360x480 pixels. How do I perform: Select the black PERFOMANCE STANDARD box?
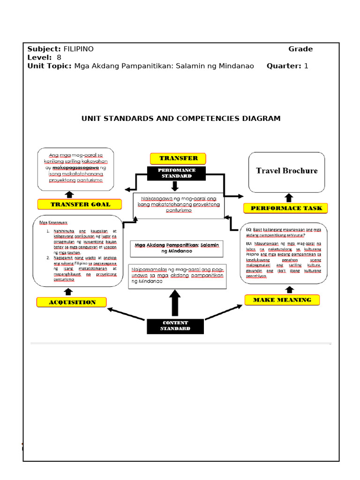[x=176, y=173]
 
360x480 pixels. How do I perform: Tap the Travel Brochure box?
[x=286, y=171]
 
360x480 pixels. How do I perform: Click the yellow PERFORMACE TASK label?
[x=285, y=208]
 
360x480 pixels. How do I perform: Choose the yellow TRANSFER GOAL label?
[x=80, y=204]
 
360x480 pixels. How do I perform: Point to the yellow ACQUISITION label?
[x=72, y=302]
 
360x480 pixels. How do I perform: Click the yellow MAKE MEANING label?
[x=282, y=300]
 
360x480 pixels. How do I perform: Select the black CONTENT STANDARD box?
[x=175, y=326]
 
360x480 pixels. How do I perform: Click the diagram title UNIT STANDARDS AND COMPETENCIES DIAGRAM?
[x=181, y=119]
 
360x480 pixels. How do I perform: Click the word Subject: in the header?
[x=44, y=49]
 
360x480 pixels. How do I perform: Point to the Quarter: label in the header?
[x=284, y=66]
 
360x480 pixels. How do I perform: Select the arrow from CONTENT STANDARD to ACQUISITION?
[x=126, y=314]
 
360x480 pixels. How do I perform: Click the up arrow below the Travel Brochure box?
[x=289, y=198]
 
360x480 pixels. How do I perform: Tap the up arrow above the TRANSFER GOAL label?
[x=69, y=194]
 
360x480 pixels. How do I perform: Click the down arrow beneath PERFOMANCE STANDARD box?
[x=175, y=186]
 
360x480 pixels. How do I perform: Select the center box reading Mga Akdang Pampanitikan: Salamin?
[x=177, y=248]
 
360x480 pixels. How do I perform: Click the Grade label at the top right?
[x=300, y=49]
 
